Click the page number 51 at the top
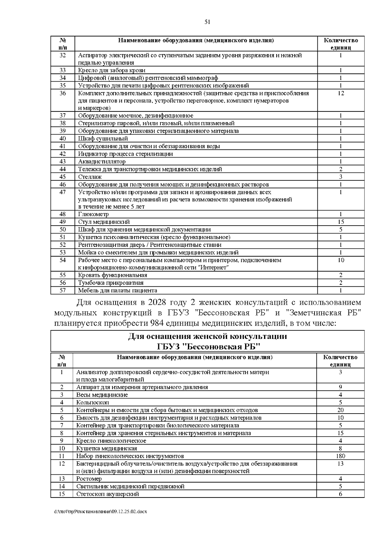pyautogui.click(x=208, y=22)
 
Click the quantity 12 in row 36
pyautogui.click(x=340, y=93)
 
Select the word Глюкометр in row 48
pyautogui.click(x=93, y=214)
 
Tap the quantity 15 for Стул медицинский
pyautogui.click(x=340, y=222)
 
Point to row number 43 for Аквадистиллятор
pyautogui.click(x=63, y=161)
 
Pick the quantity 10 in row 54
pyautogui.click(x=340, y=260)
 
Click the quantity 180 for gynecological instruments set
pyautogui.click(x=340, y=456)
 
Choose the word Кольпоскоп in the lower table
pyautogui.click(x=93, y=403)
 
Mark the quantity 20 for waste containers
pyautogui.click(x=340, y=410)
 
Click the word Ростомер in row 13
pyautogui.click(x=89, y=479)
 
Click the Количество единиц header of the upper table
pyautogui.click(x=340, y=44)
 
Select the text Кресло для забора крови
pyautogui.click(x=112, y=70)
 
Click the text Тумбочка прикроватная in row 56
pyautogui.click(x=111, y=283)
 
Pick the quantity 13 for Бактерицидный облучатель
pyautogui.click(x=340, y=464)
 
